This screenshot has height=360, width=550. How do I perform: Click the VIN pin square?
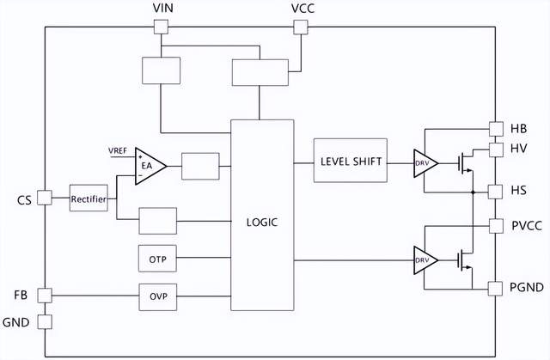(161, 27)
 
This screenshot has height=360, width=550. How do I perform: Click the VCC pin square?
(301, 27)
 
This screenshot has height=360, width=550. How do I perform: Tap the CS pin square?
(45, 198)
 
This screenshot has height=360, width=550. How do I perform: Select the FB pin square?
(45, 296)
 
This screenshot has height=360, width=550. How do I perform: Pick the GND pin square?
(45, 322)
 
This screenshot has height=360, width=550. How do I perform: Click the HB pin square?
(496, 129)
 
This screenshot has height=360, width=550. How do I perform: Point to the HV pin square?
(496, 149)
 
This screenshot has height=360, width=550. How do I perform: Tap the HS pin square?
(495, 192)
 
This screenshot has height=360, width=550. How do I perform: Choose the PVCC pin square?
(496, 226)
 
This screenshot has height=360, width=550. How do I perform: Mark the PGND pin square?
(495, 289)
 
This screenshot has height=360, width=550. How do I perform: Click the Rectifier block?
(89, 198)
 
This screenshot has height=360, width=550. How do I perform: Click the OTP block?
(157, 259)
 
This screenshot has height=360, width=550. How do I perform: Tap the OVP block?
(158, 297)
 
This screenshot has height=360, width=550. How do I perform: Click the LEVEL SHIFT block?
(351, 161)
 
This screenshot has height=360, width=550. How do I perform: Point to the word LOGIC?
(262, 223)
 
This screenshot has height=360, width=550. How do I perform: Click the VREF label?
(118, 150)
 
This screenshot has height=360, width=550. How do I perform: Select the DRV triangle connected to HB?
(426, 163)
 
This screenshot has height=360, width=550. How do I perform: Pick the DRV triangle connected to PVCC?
(426, 260)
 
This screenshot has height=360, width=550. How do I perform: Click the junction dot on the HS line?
(473, 192)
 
